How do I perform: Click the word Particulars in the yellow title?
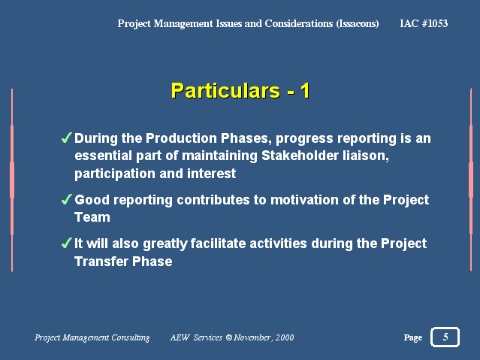(x=225, y=91)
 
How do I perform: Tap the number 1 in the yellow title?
(x=305, y=91)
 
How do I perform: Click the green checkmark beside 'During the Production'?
(x=66, y=138)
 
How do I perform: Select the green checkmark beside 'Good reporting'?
(x=66, y=199)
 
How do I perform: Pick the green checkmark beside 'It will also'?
(x=66, y=243)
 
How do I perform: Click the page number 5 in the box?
(x=445, y=337)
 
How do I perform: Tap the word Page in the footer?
(x=413, y=337)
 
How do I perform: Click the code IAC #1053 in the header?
(x=424, y=23)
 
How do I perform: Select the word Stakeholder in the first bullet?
(x=300, y=156)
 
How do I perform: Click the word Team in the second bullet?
(x=92, y=217)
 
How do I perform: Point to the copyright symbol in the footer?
(x=229, y=337)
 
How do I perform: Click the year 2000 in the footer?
(x=285, y=337)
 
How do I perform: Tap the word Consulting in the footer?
(x=131, y=337)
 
